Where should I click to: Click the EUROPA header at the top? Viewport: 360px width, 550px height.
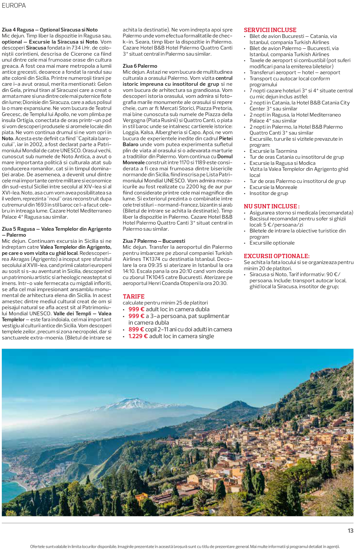[x=14, y=5]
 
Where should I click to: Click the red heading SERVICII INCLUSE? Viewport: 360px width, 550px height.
[x=270, y=30]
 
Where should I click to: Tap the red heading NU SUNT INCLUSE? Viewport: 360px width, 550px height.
[x=271, y=206]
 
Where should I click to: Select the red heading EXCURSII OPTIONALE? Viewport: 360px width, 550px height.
[x=277, y=256]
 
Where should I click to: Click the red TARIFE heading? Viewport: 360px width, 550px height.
[x=134, y=296]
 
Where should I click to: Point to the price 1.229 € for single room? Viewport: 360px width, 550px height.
[x=138, y=336]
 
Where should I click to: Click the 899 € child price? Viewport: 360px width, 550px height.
[x=136, y=329]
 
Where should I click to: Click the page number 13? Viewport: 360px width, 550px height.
[x=350, y=531]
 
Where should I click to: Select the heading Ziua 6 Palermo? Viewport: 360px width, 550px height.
[x=140, y=66]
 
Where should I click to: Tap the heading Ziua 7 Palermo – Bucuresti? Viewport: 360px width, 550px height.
[x=154, y=241]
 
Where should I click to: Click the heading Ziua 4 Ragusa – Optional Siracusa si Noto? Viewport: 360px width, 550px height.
[x=50, y=30]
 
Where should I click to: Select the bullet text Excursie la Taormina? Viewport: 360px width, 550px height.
[x=273, y=151]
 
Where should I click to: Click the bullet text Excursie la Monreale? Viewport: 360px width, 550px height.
[x=273, y=187]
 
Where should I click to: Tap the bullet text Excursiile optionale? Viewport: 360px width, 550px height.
[x=272, y=243]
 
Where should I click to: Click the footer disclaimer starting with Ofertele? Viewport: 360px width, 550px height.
[x=185, y=546]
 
